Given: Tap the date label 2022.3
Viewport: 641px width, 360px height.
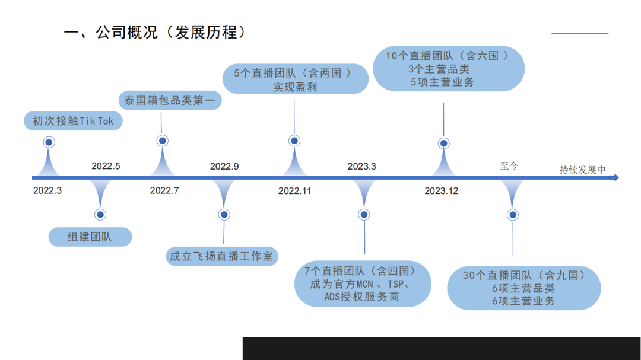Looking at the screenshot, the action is [47, 190].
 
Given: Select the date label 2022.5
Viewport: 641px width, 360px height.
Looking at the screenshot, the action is [106, 166].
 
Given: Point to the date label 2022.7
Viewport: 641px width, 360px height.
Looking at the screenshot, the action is [164, 190].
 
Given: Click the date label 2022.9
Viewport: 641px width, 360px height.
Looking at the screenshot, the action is [224, 166].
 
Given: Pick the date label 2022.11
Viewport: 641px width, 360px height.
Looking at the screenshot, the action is [294, 190].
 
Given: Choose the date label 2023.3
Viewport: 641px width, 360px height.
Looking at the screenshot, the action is [362, 166].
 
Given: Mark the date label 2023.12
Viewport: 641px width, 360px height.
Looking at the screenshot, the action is [441, 190].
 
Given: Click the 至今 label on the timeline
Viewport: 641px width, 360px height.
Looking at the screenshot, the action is [509, 166].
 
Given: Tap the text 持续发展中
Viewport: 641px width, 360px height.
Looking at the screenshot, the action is [582, 170].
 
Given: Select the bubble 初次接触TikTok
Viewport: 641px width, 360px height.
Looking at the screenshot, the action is [73, 121].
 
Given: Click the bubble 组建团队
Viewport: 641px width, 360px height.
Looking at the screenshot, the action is [90, 237].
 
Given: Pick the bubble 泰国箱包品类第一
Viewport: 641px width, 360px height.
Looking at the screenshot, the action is [170, 100].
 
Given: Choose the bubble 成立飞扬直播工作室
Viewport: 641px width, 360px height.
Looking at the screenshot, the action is [221, 256].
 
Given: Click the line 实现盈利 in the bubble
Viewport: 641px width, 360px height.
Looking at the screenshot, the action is [295, 87].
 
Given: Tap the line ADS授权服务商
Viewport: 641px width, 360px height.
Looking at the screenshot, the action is [361, 297].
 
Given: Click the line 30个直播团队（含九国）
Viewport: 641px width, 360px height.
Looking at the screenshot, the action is [523, 275].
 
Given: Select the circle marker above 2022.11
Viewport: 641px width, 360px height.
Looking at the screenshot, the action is [294, 141].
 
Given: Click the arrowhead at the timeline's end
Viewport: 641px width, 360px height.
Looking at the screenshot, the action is [615, 177].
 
